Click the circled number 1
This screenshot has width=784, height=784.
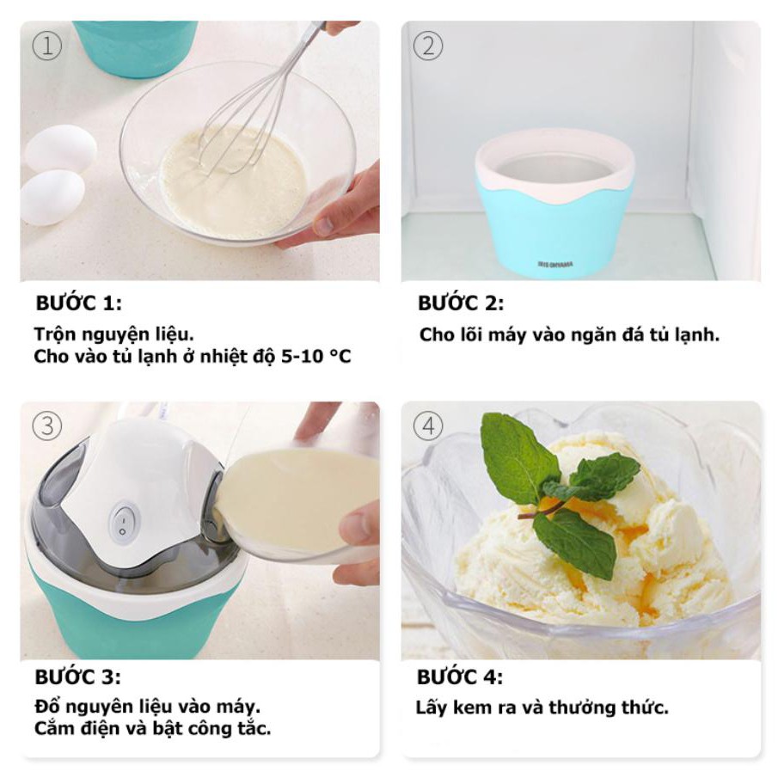coord(47,46)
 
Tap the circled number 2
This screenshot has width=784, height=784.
coord(428,46)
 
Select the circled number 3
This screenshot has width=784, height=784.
coord(47,426)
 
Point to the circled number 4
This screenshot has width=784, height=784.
coord(428,426)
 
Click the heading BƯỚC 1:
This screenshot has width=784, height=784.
coord(78,303)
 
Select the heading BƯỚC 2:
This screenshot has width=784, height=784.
coord(461,303)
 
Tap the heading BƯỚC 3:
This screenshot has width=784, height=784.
coord(78,677)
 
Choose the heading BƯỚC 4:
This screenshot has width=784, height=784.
coord(460,677)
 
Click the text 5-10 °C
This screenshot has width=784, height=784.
coord(316,357)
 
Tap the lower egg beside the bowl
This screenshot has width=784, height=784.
coord(52,198)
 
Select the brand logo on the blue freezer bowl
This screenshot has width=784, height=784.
coord(555,264)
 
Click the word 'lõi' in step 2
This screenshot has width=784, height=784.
coord(471,334)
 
